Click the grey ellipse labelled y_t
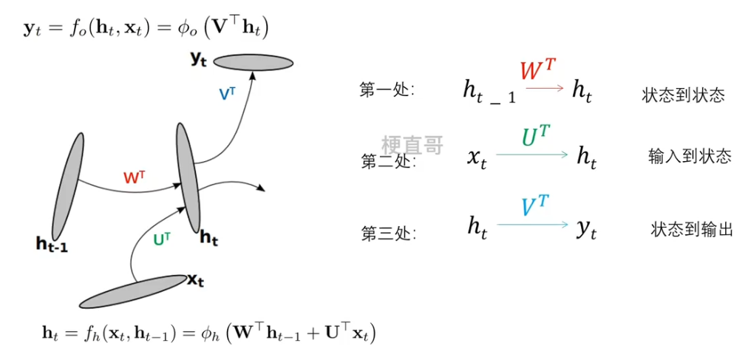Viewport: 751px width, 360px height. point(254,62)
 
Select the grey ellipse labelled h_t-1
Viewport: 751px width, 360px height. point(67,182)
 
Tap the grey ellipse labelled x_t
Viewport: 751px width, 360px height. point(133,291)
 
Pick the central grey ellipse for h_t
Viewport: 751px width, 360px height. point(188,177)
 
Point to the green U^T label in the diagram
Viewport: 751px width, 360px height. point(161,239)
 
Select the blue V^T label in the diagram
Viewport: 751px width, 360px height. point(228,94)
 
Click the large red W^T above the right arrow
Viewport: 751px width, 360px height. point(538,71)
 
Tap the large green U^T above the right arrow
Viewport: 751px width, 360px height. point(536,137)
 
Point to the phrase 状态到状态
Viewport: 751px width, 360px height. point(683,95)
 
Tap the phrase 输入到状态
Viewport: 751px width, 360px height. point(690,156)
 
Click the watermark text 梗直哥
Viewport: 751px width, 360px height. point(412,145)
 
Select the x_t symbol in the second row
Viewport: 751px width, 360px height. point(477,157)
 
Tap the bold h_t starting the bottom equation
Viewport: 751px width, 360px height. point(49,333)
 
